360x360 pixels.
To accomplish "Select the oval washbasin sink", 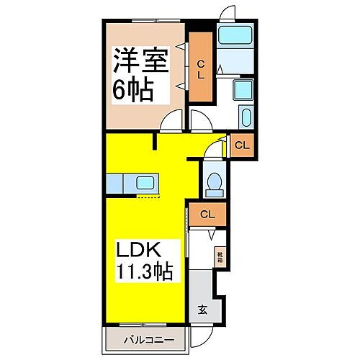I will pos(244,117).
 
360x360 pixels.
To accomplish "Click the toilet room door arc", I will pos(211,150).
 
